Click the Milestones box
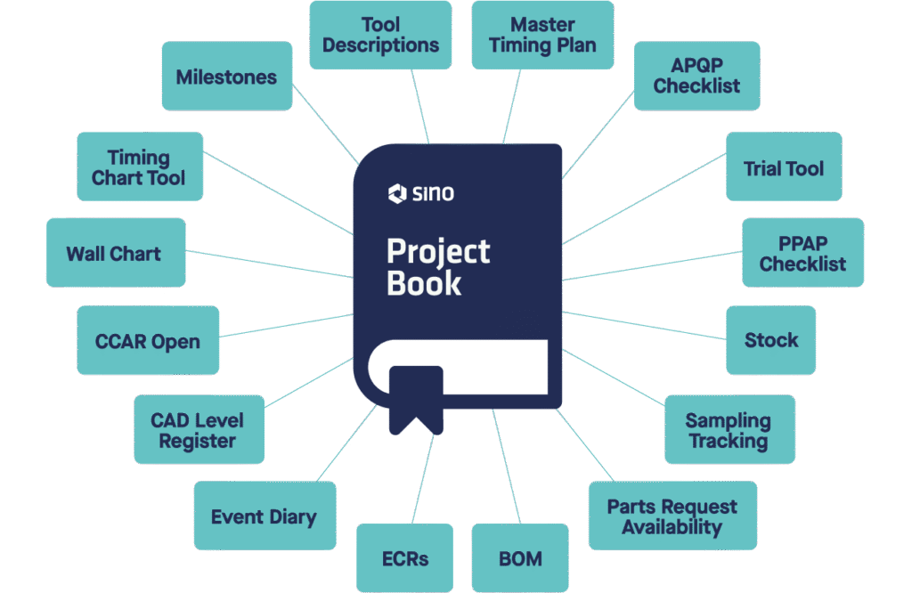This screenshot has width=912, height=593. [x=226, y=77]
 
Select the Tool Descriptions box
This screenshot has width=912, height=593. [x=380, y=35]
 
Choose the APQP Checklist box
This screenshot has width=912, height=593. [x=696, y=76]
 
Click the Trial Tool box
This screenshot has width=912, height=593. [x=784, y=167]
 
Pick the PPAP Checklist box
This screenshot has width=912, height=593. [x=802, y=253]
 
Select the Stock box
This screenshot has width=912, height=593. [x=770, y=339]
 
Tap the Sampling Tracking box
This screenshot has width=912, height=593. [x=729, y=430]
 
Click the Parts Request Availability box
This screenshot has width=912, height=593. [x=672, y=516]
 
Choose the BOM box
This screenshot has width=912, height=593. [x=520, y=558]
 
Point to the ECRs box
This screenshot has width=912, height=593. [x=404, y=558]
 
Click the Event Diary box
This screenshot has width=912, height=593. [x=265, y=516]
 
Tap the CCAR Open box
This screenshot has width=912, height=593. [x=148, y=341]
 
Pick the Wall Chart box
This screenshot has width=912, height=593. [x=114, y=254]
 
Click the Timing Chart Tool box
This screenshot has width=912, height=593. [x=139, y=167]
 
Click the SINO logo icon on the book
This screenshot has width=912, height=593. [x=397, y=191]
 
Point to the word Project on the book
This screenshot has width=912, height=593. [x=438, y=251]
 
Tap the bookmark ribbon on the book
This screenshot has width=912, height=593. [x=416, y=397]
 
